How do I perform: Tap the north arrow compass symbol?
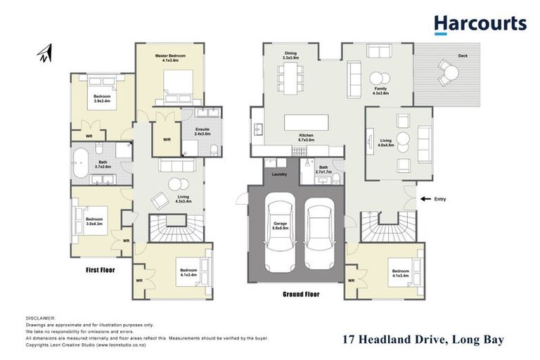point(46,53)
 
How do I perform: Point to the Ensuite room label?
point(192,131)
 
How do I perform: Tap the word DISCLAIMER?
point(39,319)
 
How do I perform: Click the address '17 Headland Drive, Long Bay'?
point(422,340)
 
